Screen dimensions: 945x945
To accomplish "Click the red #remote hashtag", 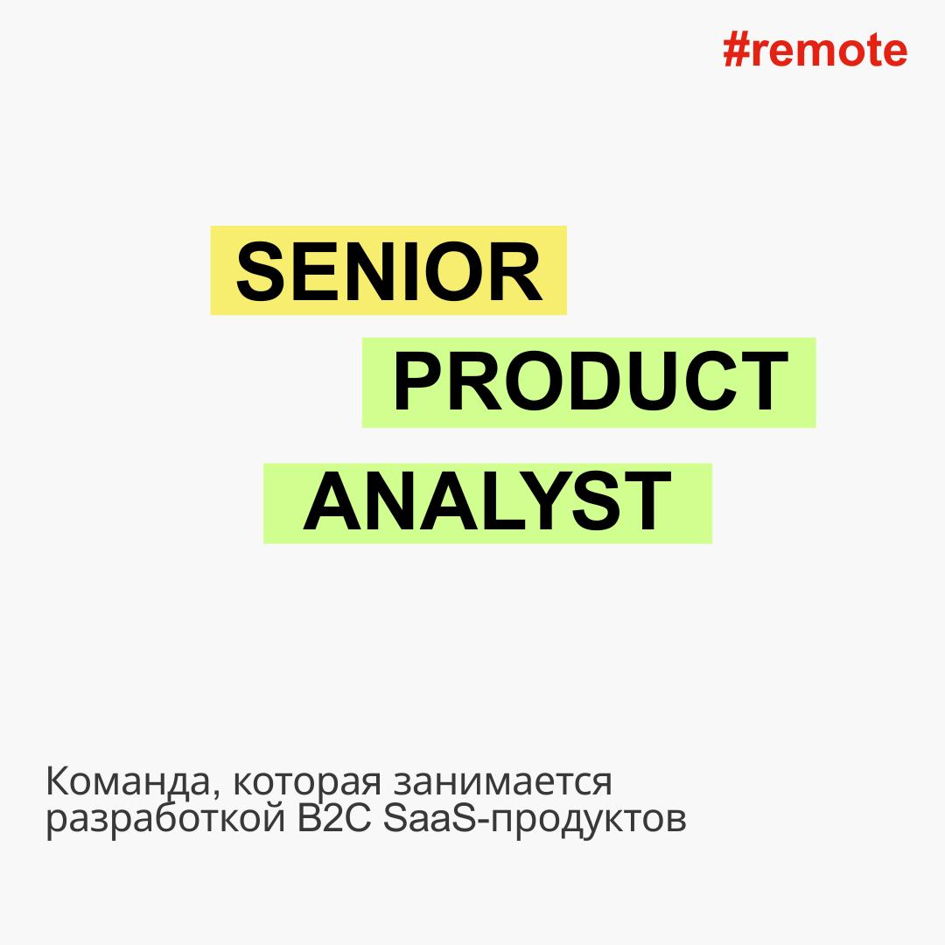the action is (x=815, y=51).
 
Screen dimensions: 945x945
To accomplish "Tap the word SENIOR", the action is (x=388, y=271).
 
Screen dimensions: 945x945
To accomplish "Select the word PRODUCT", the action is (x=591, y=381).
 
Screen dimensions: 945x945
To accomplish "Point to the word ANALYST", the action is (x=487, y=501).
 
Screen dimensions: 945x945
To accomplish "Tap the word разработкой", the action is (x=165, y=820).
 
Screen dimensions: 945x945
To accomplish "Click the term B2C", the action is (x=334, y=819).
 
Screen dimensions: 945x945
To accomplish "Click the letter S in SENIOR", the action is (x=262, y=271).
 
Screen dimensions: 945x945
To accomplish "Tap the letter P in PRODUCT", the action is (x=419, y=381).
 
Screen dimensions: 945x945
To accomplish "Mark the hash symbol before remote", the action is (x=736, y=51).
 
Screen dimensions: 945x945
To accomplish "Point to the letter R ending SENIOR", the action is (x=517, y=271).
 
